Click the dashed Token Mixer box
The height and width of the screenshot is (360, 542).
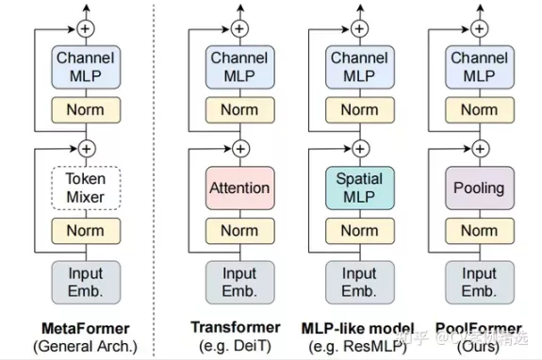pos(86,188)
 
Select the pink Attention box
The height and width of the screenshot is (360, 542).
pos(239,188)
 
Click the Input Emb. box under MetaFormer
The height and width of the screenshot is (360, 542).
pos(86,281)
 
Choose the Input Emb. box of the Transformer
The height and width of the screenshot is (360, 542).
pos(239,281)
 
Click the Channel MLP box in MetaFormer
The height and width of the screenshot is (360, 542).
pos(86,66)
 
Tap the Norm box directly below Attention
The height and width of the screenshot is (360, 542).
pos(239,231)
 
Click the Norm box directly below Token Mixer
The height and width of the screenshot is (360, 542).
pos(86,231)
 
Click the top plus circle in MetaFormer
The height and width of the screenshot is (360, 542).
pos(86,27)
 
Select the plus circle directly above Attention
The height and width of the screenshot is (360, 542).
pos(239,148)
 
